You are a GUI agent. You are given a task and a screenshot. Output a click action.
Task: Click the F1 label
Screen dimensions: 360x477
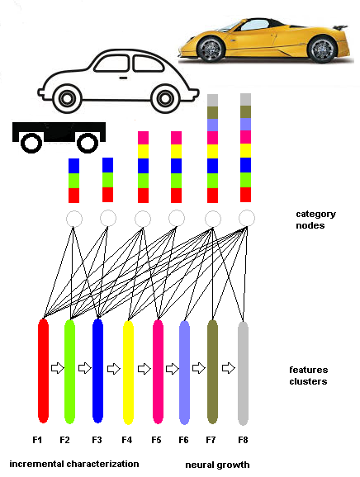point(37,440)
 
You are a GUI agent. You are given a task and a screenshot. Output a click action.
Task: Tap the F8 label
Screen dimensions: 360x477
point(243,440)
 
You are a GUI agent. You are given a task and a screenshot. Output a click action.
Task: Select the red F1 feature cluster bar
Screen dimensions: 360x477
point(43,371)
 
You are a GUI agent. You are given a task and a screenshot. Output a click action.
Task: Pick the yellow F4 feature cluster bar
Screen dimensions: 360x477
point(128,372)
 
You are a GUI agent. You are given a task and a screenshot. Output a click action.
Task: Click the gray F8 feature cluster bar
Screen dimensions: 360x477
point(243,373)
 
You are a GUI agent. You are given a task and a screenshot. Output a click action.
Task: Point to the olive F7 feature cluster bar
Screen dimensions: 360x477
point(212,371)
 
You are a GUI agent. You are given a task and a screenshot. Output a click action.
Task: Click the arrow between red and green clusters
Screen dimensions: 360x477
point(57,368)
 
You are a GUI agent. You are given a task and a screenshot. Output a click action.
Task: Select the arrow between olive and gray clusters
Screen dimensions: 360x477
point(228,368)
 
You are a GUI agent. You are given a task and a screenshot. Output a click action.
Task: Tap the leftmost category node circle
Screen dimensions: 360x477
point(74,219)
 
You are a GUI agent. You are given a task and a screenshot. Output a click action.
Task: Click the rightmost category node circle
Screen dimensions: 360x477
point(247,218)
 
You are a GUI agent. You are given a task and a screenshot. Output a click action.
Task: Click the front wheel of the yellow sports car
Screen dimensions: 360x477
point(211,49)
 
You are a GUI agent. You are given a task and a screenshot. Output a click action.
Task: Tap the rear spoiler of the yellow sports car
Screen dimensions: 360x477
point(340,27)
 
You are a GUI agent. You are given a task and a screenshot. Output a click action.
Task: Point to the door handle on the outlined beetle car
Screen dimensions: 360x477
point(123,78)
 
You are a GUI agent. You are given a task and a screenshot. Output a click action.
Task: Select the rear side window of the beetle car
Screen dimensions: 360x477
point(149,64)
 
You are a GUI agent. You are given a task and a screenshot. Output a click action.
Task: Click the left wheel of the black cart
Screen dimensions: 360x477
point(31,143)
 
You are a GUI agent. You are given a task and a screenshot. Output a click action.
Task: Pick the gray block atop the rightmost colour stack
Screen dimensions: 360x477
point(245,100)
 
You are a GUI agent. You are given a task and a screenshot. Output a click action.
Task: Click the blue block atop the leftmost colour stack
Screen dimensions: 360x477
point(73,166)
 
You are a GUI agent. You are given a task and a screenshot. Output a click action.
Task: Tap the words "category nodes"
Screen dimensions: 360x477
point(316,220)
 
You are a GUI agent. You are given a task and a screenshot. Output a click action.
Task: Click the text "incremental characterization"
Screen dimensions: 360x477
point(74,464)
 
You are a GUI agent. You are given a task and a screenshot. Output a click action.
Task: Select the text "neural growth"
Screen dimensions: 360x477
point(217,465)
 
